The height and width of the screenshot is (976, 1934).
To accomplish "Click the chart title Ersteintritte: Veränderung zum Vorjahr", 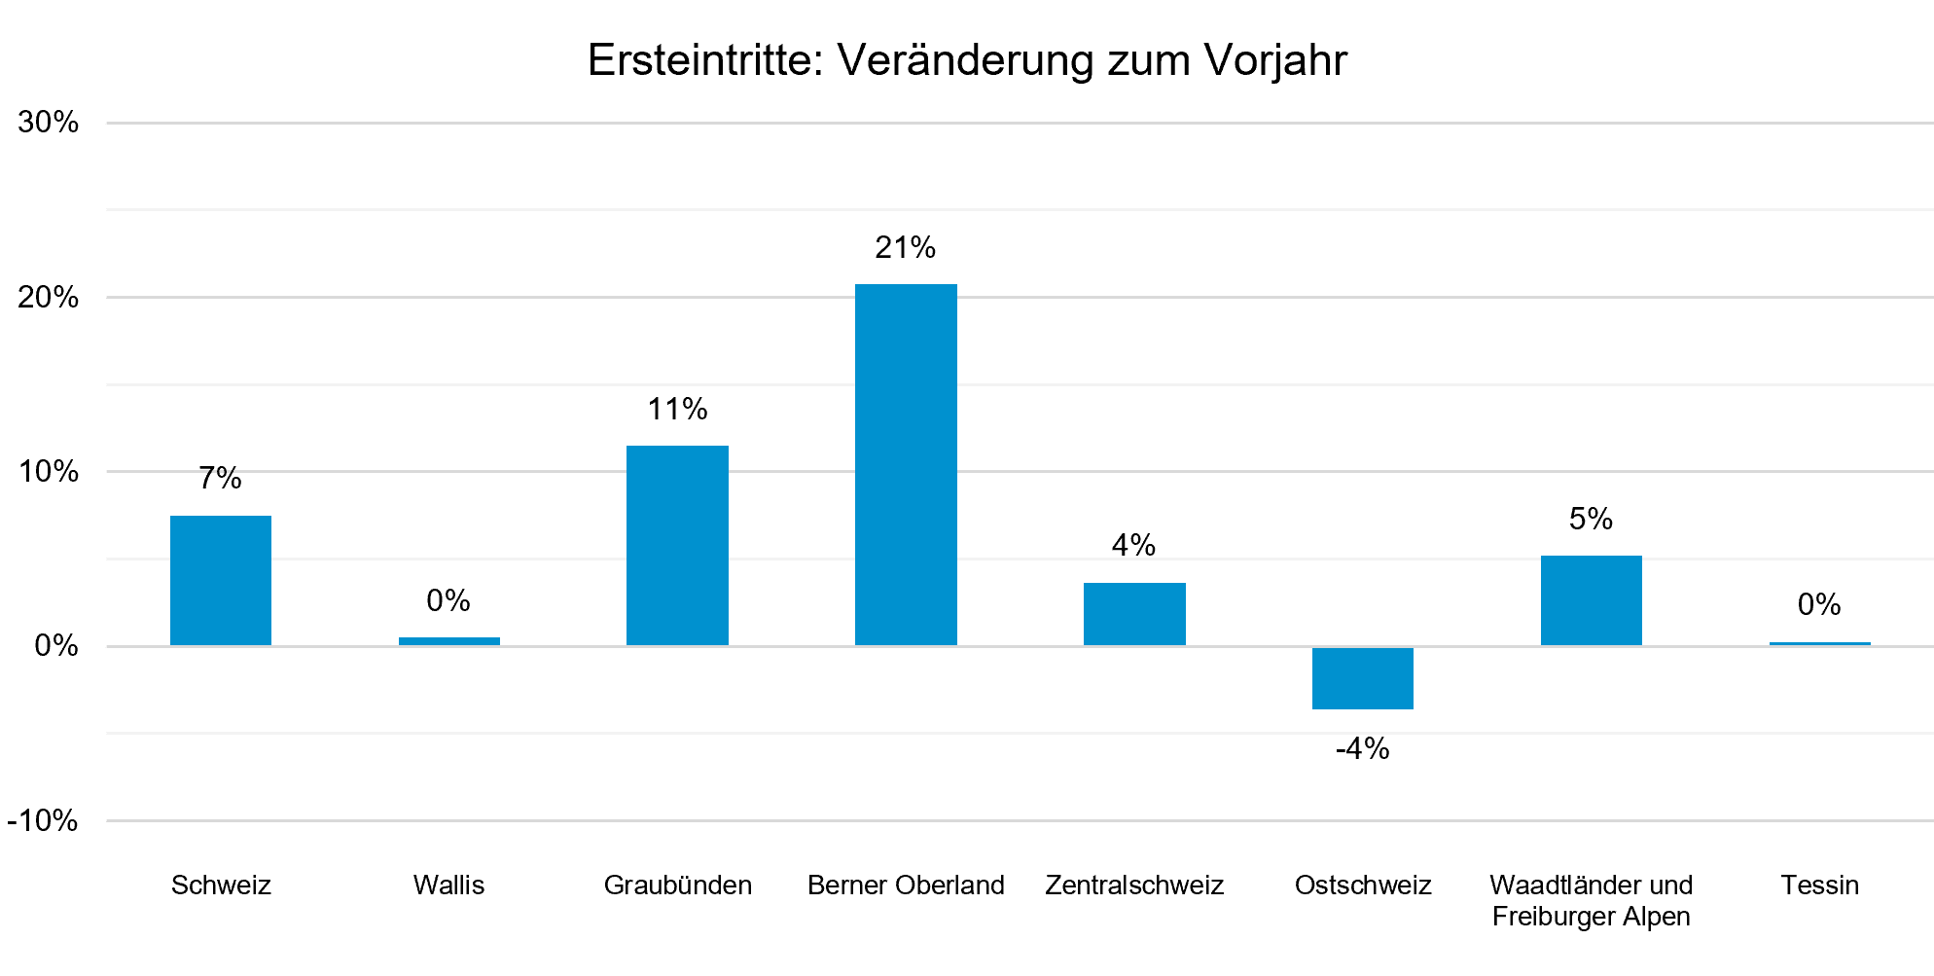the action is coord(967,60).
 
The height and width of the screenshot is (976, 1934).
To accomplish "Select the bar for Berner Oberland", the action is coord(906,465).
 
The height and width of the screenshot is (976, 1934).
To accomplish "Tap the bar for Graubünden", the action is coord(677,546).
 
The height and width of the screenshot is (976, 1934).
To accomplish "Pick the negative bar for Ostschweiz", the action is coord(1363,678).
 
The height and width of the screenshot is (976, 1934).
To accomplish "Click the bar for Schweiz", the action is coord(221,581).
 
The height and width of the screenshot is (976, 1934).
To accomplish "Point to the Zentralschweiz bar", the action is coord(1134,614).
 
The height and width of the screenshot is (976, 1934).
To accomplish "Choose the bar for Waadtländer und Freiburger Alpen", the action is coord(1592,600).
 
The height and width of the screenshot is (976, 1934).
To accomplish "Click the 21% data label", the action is coord(906,248).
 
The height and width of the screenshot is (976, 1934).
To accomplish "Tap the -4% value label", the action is coord(1363,748).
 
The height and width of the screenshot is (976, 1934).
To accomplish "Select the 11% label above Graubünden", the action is coord(678,409).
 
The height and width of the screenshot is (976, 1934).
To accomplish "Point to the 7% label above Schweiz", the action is coord(221,478).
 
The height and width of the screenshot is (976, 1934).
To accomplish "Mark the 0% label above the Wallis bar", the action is coord(448,600).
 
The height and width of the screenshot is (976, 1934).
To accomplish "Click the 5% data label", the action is coord(1592,519).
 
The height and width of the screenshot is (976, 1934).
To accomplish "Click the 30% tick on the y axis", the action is coord(49,122).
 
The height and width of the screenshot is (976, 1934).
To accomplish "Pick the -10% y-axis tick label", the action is coord(43,820).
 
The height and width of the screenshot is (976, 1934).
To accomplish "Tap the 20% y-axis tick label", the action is coord(49,297).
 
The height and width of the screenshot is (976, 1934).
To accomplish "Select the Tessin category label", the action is coord(1820,886).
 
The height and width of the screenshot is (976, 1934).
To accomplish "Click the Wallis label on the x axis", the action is coord(448,886).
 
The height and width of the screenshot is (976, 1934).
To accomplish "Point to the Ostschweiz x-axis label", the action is coord(1363,886).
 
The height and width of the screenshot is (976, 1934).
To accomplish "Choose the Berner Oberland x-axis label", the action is coord(906,886).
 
